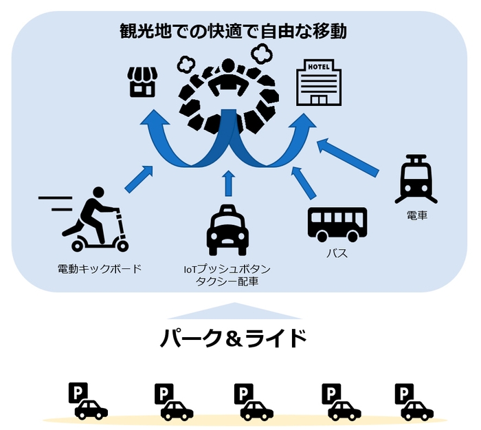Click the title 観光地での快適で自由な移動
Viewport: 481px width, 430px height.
pos(232,31)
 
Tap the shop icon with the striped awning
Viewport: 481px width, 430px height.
pos(143,83)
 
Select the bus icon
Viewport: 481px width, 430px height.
pos(337,223)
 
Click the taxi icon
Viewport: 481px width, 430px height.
pos(228,230)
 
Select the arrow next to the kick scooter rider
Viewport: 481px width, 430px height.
pos(139,178)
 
